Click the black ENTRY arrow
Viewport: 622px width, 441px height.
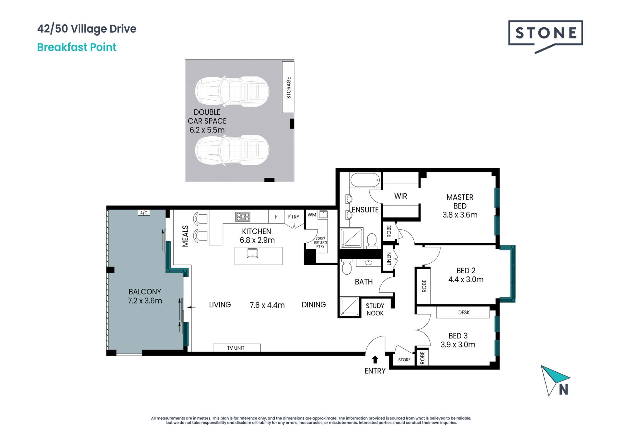point(375,359)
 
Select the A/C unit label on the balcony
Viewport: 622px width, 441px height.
point(144,213)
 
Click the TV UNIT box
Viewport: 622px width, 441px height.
point(236,348)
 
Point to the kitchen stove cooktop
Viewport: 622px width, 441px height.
point(243,217)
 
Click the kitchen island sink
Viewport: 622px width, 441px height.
point(252,253)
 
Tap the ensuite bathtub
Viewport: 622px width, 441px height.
point(365,180)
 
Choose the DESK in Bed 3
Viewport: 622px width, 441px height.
point(463,312)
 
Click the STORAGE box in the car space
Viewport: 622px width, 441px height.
point(288,87)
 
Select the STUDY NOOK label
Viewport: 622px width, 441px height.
point(375,310)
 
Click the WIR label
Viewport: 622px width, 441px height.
point(401,196)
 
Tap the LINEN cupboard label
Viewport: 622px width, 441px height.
point(389,259)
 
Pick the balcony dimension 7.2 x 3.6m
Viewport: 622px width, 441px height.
point(145,301)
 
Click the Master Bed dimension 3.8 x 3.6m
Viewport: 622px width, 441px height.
point(460,215)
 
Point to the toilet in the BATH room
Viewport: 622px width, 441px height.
point(347,268)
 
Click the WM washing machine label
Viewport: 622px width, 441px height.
point(312,215)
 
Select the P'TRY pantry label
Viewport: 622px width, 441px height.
point(293,217)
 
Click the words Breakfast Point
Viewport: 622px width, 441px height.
point(77,47)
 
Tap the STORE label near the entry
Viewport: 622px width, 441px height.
point(404,360)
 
